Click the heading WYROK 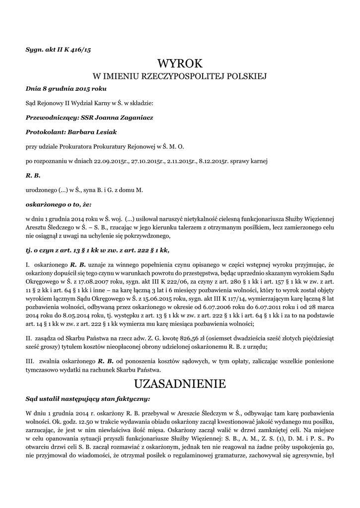[x=180, y=63]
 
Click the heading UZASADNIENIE [x=180, y=383]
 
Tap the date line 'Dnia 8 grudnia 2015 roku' [x=66, y=89]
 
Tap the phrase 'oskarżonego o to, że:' [x=59, y=204]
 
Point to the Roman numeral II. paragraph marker [x=29, y=338]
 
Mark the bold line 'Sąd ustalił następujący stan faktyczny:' [x=87, y=398]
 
